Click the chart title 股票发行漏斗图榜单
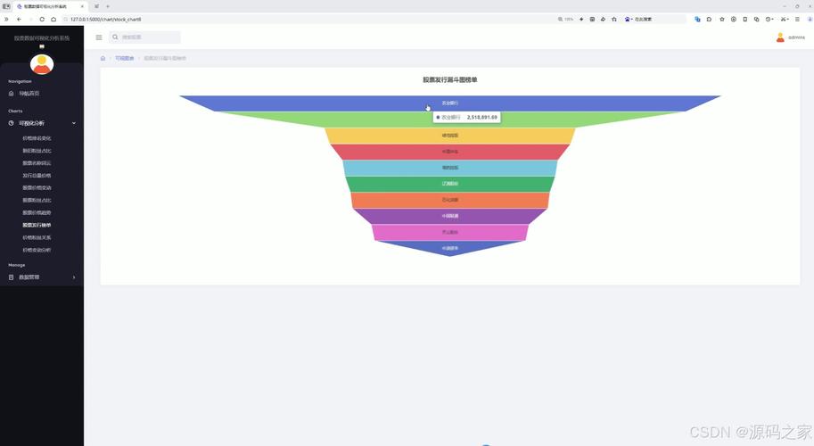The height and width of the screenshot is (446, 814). pyautogui.click(x=450, y=79)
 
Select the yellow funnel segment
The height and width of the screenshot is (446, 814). pyautogui.click(x=450, y=136)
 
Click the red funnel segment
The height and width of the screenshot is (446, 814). pyautogui.click(x=450, y=152)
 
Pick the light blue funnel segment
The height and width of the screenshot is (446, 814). pyautogui.click(x=450, y=168)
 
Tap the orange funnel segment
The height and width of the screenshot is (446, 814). pyautogui.click(x=450, y=200)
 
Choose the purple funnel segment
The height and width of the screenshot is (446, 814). pyautogui.click(x=450, y=216)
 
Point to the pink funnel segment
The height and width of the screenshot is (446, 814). pyautogui.click(x=450, y=232)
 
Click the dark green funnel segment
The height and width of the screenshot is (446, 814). pyautogui.click(x=450, y=184)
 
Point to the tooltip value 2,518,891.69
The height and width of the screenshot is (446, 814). pyautogui.click(x=482, y=117)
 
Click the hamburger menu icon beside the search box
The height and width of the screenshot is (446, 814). pyautogui.click(x=99, y=37)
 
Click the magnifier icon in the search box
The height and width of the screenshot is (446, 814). pyautogui.click(x=115, y=37)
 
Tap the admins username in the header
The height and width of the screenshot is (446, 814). pyautogui.click(x=796, y=37)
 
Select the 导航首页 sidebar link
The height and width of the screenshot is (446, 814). pyautogui.click(x=29, y=93)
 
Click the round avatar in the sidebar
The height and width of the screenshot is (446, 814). pyautogui.click(x=42, y=64)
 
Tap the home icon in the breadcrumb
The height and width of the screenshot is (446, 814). pyautogui.click(x=103, y=58)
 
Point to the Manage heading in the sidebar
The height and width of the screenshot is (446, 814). pyautogui.click(x=17, y=265)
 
